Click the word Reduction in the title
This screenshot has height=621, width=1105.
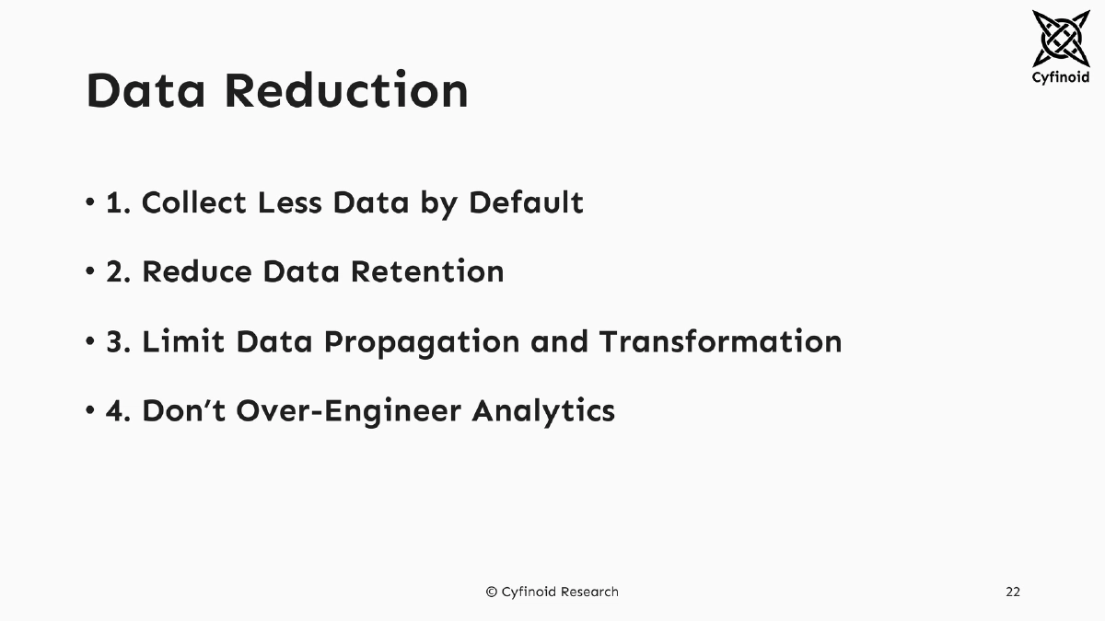click(346, 91)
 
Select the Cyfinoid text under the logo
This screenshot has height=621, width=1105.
click(1060, 78)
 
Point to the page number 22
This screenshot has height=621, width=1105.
click(1012, 592)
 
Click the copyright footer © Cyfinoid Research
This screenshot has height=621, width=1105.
click(552, 592)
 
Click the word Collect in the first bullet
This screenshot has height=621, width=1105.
click(194, 202)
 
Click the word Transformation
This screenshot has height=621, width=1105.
click(720, 341)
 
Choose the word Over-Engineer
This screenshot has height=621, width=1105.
click(349, 410)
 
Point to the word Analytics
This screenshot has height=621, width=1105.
click(543, 410)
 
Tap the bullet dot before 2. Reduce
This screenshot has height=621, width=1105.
click(90, 271)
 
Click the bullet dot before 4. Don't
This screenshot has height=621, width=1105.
click(90, 410)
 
